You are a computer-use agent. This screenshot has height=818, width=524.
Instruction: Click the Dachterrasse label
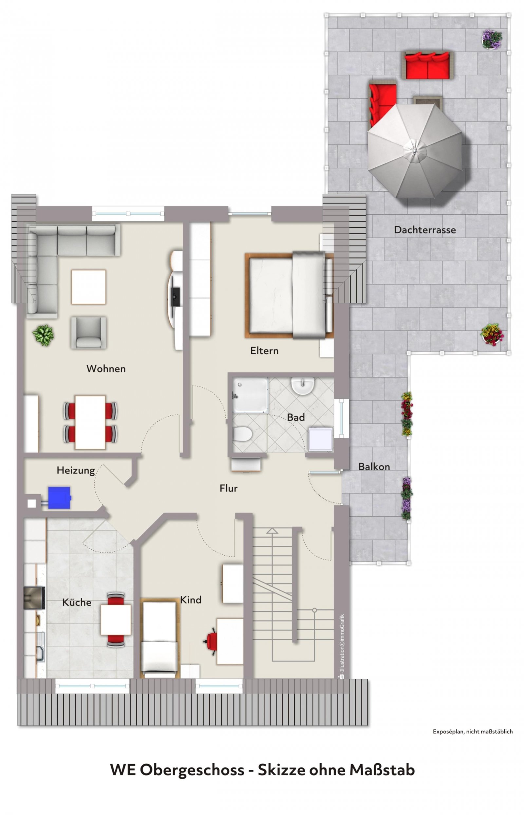click(425, 230)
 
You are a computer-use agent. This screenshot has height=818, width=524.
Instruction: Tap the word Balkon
click(374, 467)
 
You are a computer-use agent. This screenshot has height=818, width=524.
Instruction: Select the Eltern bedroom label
click(264, 351)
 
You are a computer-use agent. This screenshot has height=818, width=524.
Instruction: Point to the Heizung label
click(76, 471)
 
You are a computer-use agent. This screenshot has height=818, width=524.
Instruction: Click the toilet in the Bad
click(242, 434)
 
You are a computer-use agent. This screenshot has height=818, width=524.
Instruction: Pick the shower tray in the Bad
click(251, 395)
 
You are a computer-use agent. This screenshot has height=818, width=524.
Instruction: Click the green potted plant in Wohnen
click(43, 335)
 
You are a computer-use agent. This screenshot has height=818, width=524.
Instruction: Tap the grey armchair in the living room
click(88, 333)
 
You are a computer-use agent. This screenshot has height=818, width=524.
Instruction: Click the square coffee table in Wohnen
click(88, 287)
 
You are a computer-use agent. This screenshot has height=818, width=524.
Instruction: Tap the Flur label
click(228, 489)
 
